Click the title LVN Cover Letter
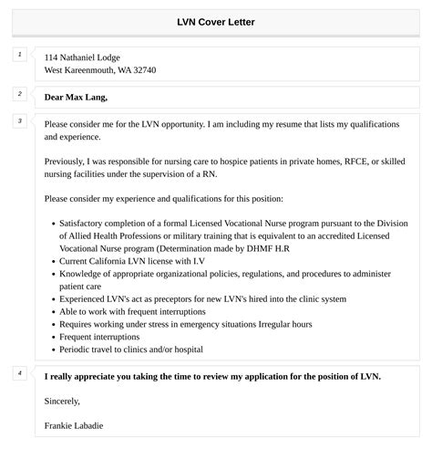pos(215,22)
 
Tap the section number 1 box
pos(18,56)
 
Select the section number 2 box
pos(18,94)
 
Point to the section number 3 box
pos(18,121)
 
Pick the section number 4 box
pos(18,373)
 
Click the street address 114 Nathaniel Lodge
pos(82,57)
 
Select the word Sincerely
pos(62,401)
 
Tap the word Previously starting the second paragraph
pos(68,161)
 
